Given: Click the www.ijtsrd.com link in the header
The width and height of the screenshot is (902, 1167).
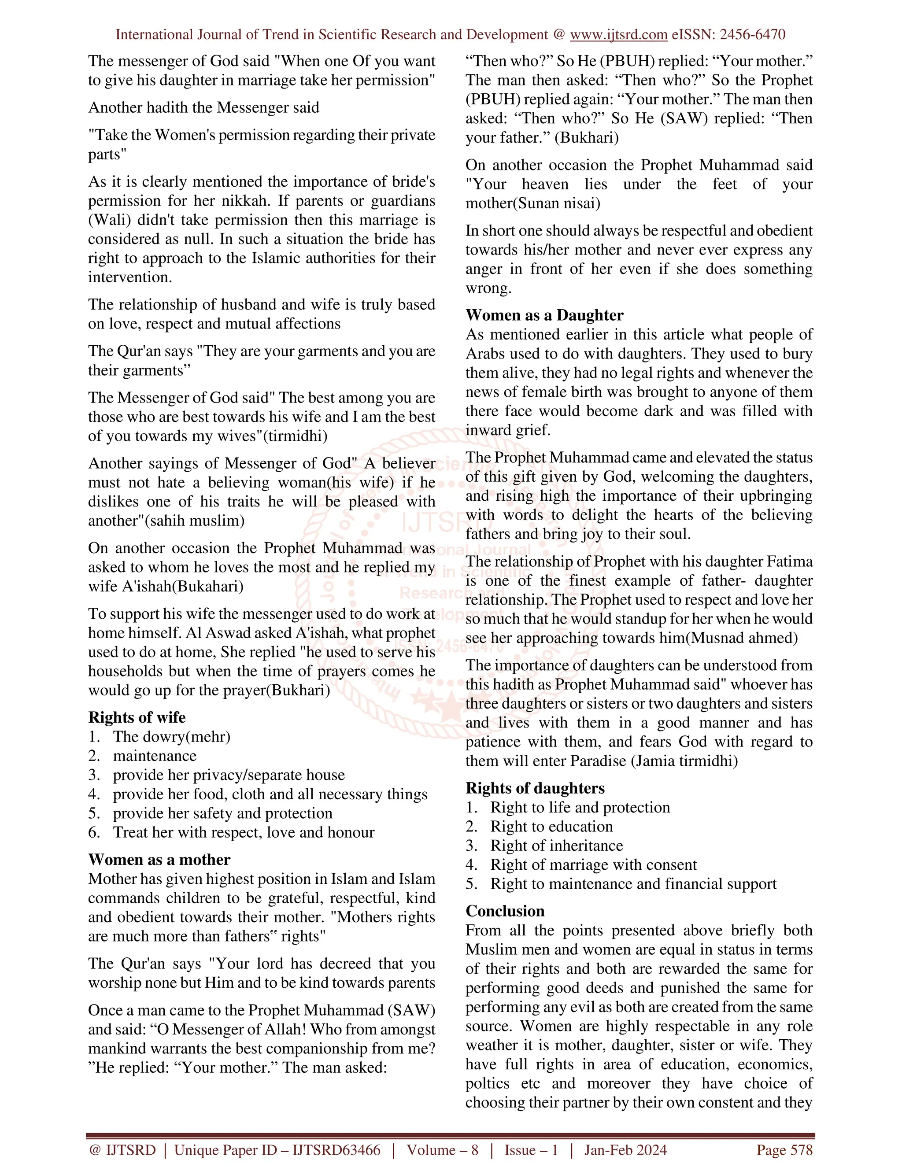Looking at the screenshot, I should [x=618, y=35].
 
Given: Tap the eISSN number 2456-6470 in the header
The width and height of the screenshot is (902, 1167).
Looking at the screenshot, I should [x=752, y=35].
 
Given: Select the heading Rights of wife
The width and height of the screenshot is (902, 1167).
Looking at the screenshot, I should [x=137, y=717].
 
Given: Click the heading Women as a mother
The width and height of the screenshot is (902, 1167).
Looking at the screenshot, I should [x=159, y=859].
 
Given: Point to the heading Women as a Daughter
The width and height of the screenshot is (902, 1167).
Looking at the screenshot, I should [x=544, y=315].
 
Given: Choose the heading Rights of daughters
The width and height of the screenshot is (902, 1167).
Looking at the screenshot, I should [x=535, y=788].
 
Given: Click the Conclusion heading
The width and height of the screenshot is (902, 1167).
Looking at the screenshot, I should [x=505, y=911].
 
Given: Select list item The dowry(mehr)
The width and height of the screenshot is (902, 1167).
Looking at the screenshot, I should [x=171, y=736].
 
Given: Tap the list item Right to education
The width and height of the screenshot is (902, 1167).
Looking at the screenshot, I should [x=551, y=826].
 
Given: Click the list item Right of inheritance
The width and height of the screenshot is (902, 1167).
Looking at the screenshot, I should [x=556, y=846].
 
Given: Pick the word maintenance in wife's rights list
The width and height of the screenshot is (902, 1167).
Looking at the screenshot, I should [x=155, y=756].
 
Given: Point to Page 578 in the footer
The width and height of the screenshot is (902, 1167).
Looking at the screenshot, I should [x=784, y=1150].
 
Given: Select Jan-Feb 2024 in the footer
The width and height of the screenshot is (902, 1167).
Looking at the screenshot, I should [x=625, y=1150].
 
